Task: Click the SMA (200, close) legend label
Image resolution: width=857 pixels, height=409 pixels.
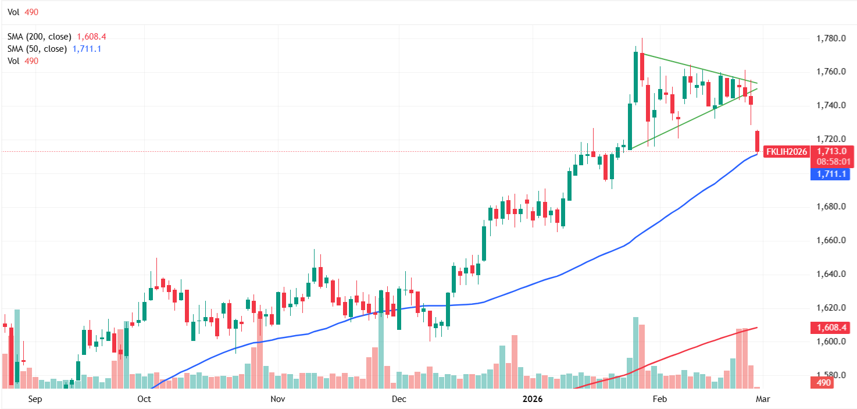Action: pyautogui.click(x=39, y=37)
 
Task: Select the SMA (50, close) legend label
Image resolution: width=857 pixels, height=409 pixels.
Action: pyautogui.click(x=37, y=49)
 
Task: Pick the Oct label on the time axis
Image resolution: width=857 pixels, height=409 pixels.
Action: pyautogui.click(x=144, y=399)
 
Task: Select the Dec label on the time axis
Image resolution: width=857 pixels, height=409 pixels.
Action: pyautogui.click(x=399, y=399)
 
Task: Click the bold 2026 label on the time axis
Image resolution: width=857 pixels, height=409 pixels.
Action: pyautogui.click(x=533, y=399)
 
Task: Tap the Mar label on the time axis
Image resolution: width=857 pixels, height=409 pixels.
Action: pyautogui.click(x=762, y=399)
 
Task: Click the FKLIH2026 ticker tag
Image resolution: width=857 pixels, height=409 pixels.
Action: pyautogui.click(x=786, y=152)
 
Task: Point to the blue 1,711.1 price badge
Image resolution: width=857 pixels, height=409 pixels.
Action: pyautogui.click(x=830, y=174)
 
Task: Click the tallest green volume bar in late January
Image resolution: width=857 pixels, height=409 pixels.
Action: pyautogui.click(x=635, y=353)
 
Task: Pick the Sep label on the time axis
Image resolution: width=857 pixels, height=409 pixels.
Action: pyautogui.click(x=35, y=399)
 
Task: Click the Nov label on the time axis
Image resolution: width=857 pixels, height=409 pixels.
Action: pyautogui.click(x=277, y=399)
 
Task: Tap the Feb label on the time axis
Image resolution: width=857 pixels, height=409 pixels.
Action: pyautogui.click(x=659, y=399)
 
